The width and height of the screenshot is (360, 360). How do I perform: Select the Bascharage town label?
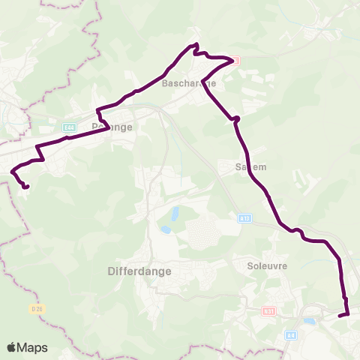tap(188, 83)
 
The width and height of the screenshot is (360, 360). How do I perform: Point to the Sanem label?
tap(251, 166)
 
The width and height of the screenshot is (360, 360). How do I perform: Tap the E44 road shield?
tap(70, 128)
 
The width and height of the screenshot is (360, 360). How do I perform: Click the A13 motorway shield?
tap(245, 218)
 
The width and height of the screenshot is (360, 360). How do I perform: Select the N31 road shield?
tap(270, 310)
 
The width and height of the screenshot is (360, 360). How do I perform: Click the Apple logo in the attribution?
tap(12, 347)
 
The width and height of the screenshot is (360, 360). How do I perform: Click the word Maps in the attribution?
tap(32, 347)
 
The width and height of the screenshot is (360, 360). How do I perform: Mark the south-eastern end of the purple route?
tap(340, 316)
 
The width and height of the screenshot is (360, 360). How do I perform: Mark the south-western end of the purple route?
tap(26, 187)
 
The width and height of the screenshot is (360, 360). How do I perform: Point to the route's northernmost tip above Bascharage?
tap(196, 45)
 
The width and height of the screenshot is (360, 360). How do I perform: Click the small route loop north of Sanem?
tap(236, 118)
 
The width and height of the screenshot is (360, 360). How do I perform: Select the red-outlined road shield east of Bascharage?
tap(235, 60)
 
